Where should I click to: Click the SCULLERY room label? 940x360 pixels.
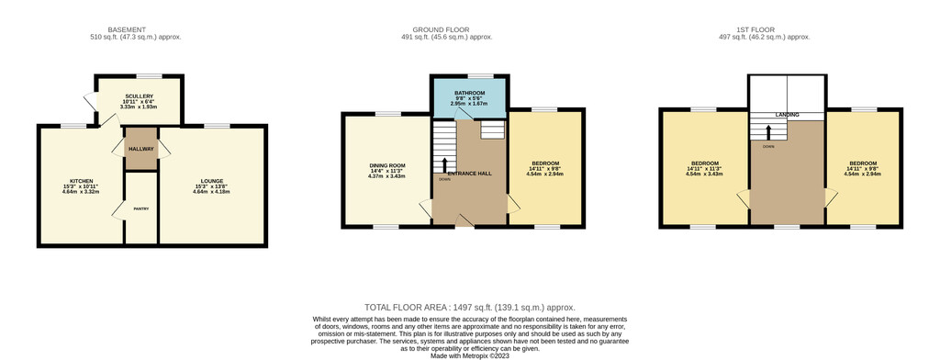pyautogui.click(x=140, y=96)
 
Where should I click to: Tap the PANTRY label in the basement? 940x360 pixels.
pyautogui.click(x=141, y=208)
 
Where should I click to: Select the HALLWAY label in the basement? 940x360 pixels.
pyautogui.click(x=141, y=149)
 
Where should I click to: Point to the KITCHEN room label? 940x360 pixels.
pyautogui.click(x=81, y=181)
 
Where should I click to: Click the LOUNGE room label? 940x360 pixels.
pyautogui.click(x=212, y=181)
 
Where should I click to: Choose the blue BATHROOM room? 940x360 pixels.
pyautogui.click(x=469, y=97)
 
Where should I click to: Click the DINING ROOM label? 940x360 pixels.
pyautogui.click(x=387, y=165)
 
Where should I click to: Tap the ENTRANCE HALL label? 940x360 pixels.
pyautogui.click(x=469, y=174)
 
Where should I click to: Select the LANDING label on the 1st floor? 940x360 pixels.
pyautogui.click(x=787, y=115)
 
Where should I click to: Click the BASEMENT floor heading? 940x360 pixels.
pyautogui.click(x=127, y=29)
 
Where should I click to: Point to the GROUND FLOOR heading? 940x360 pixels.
pyautogui.click(x=441, y=29)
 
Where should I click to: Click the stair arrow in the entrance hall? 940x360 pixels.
pyautogui.click(x=444, y=165)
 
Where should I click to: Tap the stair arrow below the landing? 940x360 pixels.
pyautogui.click(x=768, y=132)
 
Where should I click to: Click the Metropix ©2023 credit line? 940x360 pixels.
pyautogui.click(x=469, y=355)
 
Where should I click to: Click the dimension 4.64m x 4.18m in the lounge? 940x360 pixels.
pyautogui.click(x=212, y=192)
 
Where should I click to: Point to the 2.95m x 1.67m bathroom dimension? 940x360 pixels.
pyautogui.click(x=469, y=103)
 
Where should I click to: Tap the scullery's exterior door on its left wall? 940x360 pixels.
pyautogui.click(x=91, y=101)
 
